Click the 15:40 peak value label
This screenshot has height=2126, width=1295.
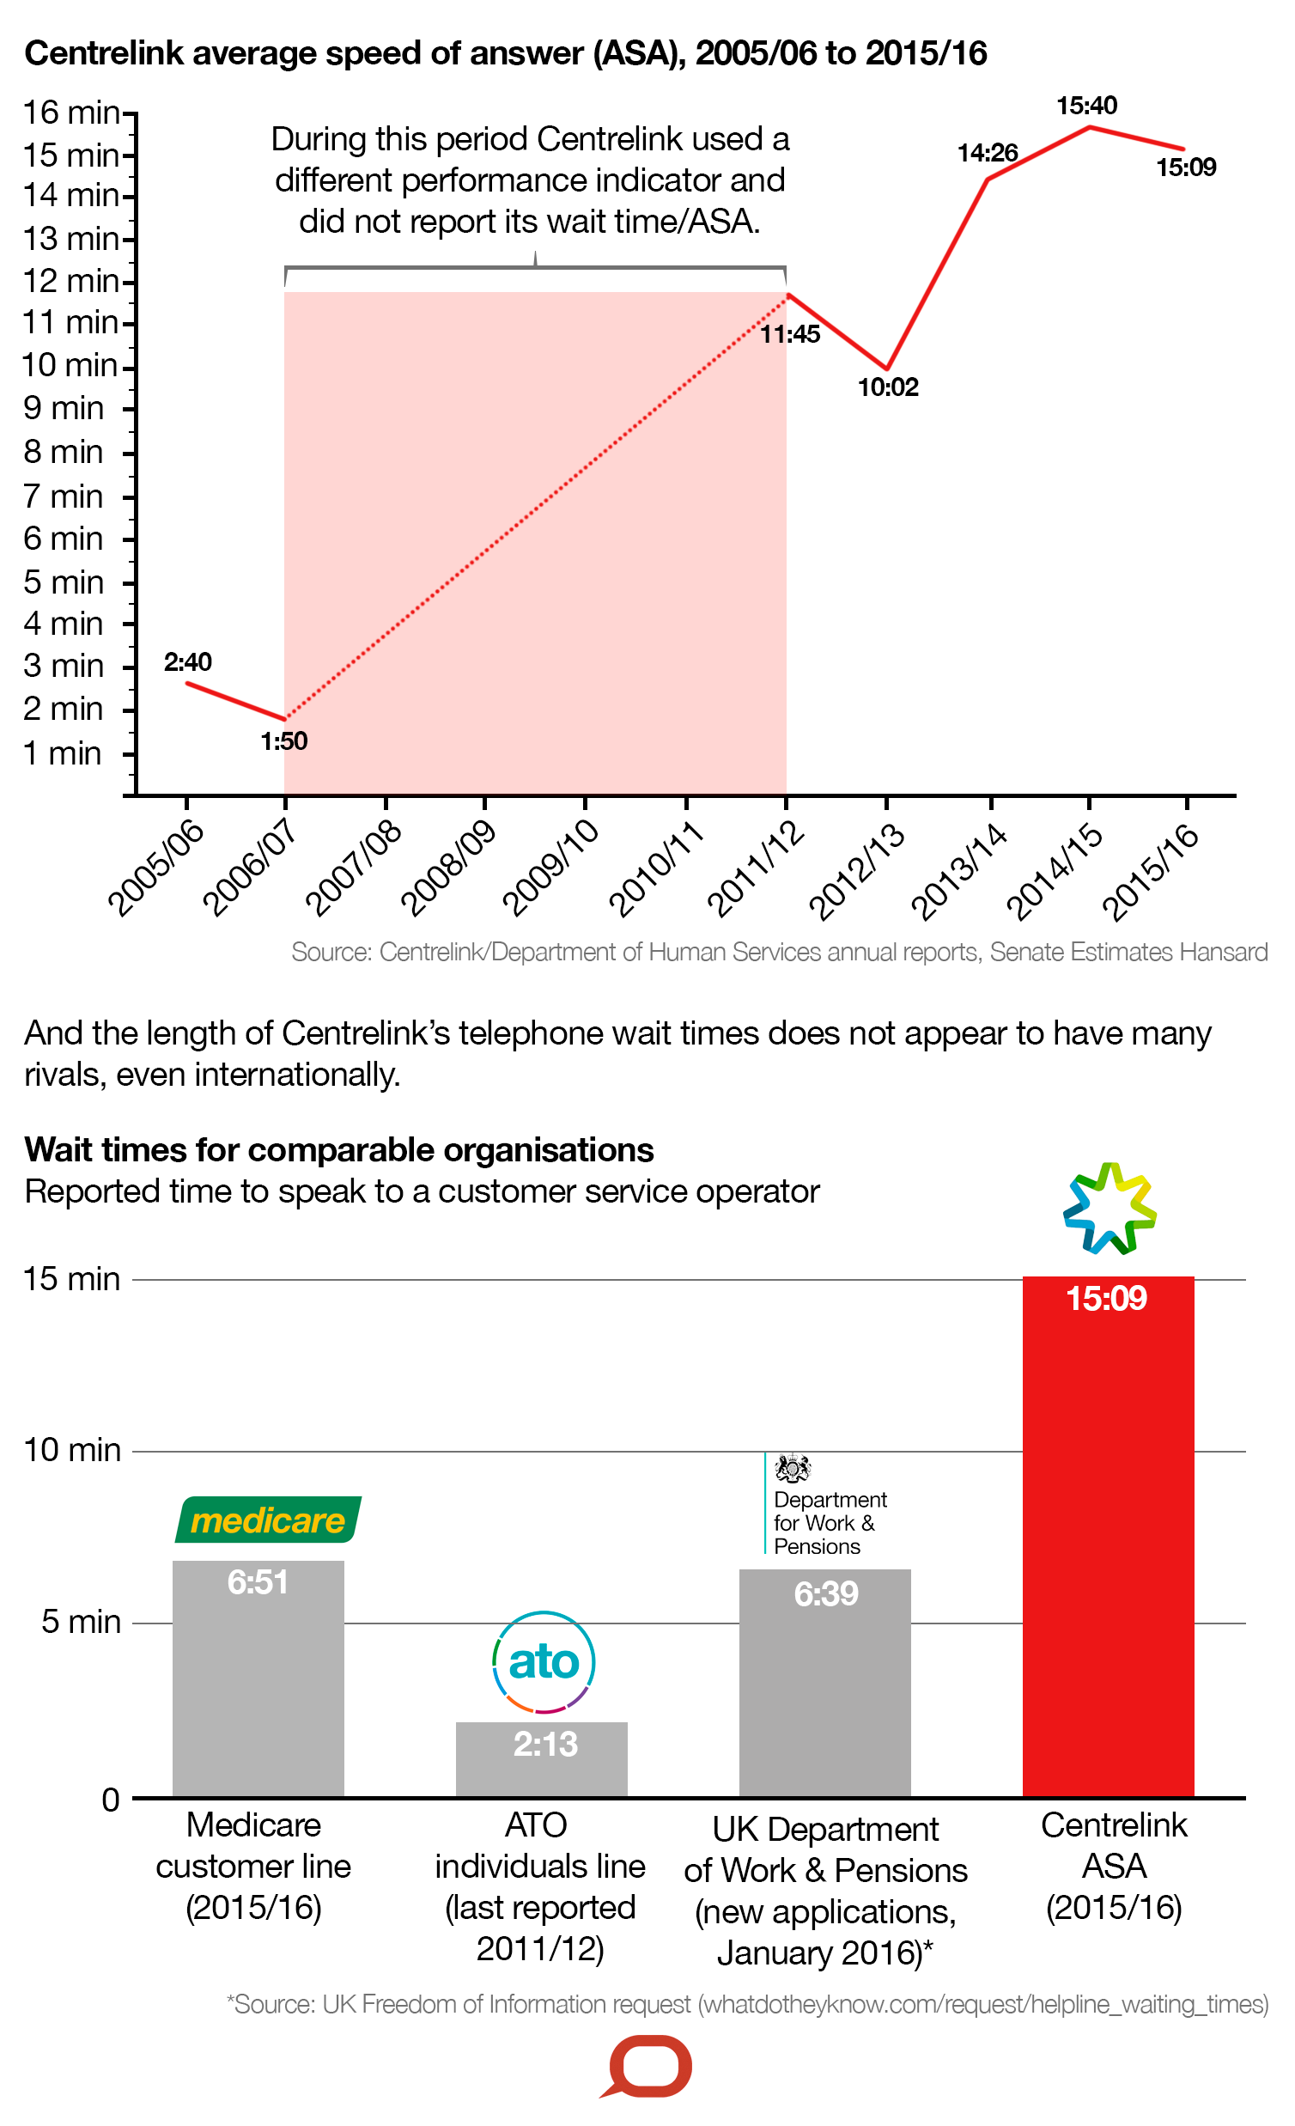click(1086, 106)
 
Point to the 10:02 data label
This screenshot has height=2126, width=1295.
click(887, 387)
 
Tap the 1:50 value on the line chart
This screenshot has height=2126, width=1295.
click(284, 740)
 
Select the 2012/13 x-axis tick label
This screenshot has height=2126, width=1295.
click(857, 872)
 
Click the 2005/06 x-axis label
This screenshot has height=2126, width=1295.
click(155, 867)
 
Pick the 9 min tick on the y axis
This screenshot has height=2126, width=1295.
click(63, 408)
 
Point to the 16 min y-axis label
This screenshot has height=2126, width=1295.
click(70, 113)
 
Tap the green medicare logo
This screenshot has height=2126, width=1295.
click(267, 1520)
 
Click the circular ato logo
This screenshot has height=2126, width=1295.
click(543, 1661)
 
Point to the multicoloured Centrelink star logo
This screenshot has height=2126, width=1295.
click(1109, 1208)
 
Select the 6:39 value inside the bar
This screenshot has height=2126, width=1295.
click(825, 1593)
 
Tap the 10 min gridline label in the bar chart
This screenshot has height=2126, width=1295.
click(71, 1450)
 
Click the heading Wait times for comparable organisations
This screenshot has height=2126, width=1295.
click(338, 1150)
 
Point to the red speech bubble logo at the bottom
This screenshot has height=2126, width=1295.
click(648, 2067)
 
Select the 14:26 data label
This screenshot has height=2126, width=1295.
click(987, 153)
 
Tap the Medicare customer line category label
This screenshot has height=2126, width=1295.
click(252, 1867)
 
